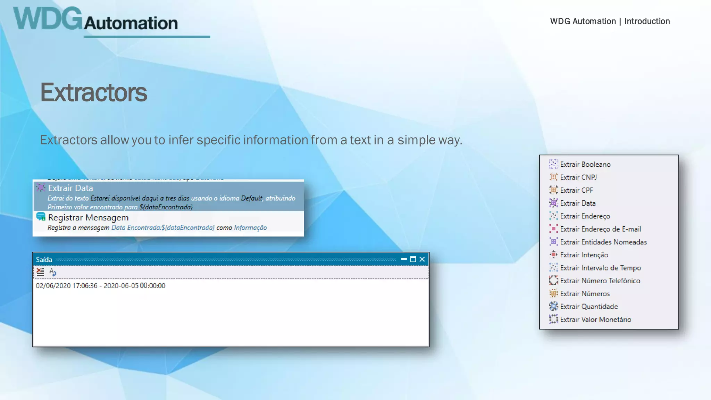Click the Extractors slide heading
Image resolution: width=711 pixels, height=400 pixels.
tap(94, 93)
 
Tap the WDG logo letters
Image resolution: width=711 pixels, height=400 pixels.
tap(48, 19)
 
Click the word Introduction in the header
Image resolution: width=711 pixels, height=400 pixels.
tap(647, 21)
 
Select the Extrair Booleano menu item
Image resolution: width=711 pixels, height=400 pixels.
tap(585, 165)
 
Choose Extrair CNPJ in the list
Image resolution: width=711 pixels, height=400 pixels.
tap(578, 177)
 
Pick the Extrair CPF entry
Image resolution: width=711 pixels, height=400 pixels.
tap(576, 190)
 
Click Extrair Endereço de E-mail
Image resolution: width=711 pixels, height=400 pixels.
tap(600, 229)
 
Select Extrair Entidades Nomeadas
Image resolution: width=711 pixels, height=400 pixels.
tap(603, 242)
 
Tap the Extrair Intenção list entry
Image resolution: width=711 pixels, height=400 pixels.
tap(584, 255)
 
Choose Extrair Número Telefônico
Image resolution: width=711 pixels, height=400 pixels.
tap(600, 281)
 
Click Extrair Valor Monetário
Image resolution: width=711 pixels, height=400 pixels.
tap(595, 319)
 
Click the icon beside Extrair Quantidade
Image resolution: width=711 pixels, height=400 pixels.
tap(553, 306)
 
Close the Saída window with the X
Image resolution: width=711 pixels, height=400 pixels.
tap(422, 259)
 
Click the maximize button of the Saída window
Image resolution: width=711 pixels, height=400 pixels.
tap(413, 259)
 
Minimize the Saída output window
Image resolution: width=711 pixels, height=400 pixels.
tap(404, 259)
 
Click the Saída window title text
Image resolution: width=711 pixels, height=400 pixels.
tap(44, 260)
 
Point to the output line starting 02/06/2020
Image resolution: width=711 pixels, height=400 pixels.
tap(101, 286)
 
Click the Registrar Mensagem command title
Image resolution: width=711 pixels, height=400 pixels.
tap(88, 218)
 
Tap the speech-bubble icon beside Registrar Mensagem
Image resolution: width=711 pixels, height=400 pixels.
tap(41, 217)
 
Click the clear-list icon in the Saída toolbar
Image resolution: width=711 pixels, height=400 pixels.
tap(40, 272)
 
